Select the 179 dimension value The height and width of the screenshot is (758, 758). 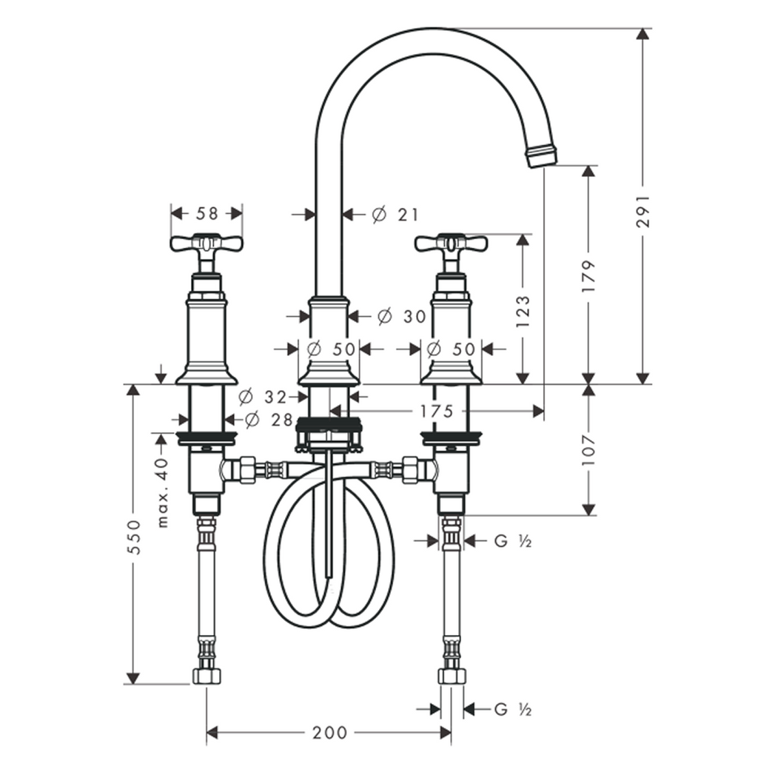click(588, 275)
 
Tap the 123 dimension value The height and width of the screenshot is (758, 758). click(523, 311)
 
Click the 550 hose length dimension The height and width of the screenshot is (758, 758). click(133, 534)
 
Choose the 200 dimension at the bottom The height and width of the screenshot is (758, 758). click(329, 733)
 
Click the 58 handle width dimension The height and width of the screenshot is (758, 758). click(207, 213)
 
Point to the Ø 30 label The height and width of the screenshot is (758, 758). click(402, 317)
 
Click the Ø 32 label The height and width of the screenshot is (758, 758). click(264, 396)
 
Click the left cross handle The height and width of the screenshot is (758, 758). click(207, 244)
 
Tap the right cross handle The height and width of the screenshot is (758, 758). click(451, 244)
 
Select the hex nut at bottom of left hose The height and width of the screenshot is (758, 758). click(207, 675)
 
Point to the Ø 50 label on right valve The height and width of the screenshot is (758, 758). click(451, 348)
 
